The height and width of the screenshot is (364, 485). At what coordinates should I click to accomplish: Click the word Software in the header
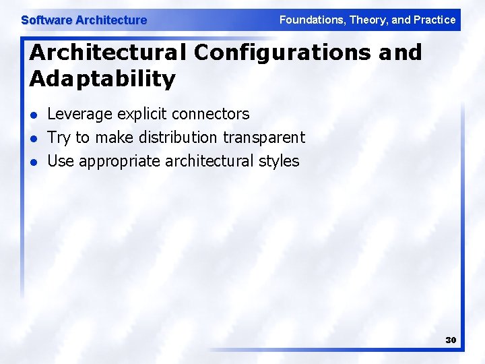tap(46, 20)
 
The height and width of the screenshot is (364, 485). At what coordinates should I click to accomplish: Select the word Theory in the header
tap(366, 20)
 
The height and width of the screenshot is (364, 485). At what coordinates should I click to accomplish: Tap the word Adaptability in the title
tap(102, 79)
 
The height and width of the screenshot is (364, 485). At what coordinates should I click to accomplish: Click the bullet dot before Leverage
tap(34, 115)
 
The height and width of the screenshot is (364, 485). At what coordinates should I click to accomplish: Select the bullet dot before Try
tap(34, 138)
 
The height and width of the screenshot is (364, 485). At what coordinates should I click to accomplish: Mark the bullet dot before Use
tap(34, 162)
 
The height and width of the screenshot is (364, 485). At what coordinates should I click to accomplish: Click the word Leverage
tap(80, 115)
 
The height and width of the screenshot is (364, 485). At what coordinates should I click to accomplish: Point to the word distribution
tap(178, 138)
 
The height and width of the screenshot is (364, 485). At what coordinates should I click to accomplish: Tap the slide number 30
tap(451, 340)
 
